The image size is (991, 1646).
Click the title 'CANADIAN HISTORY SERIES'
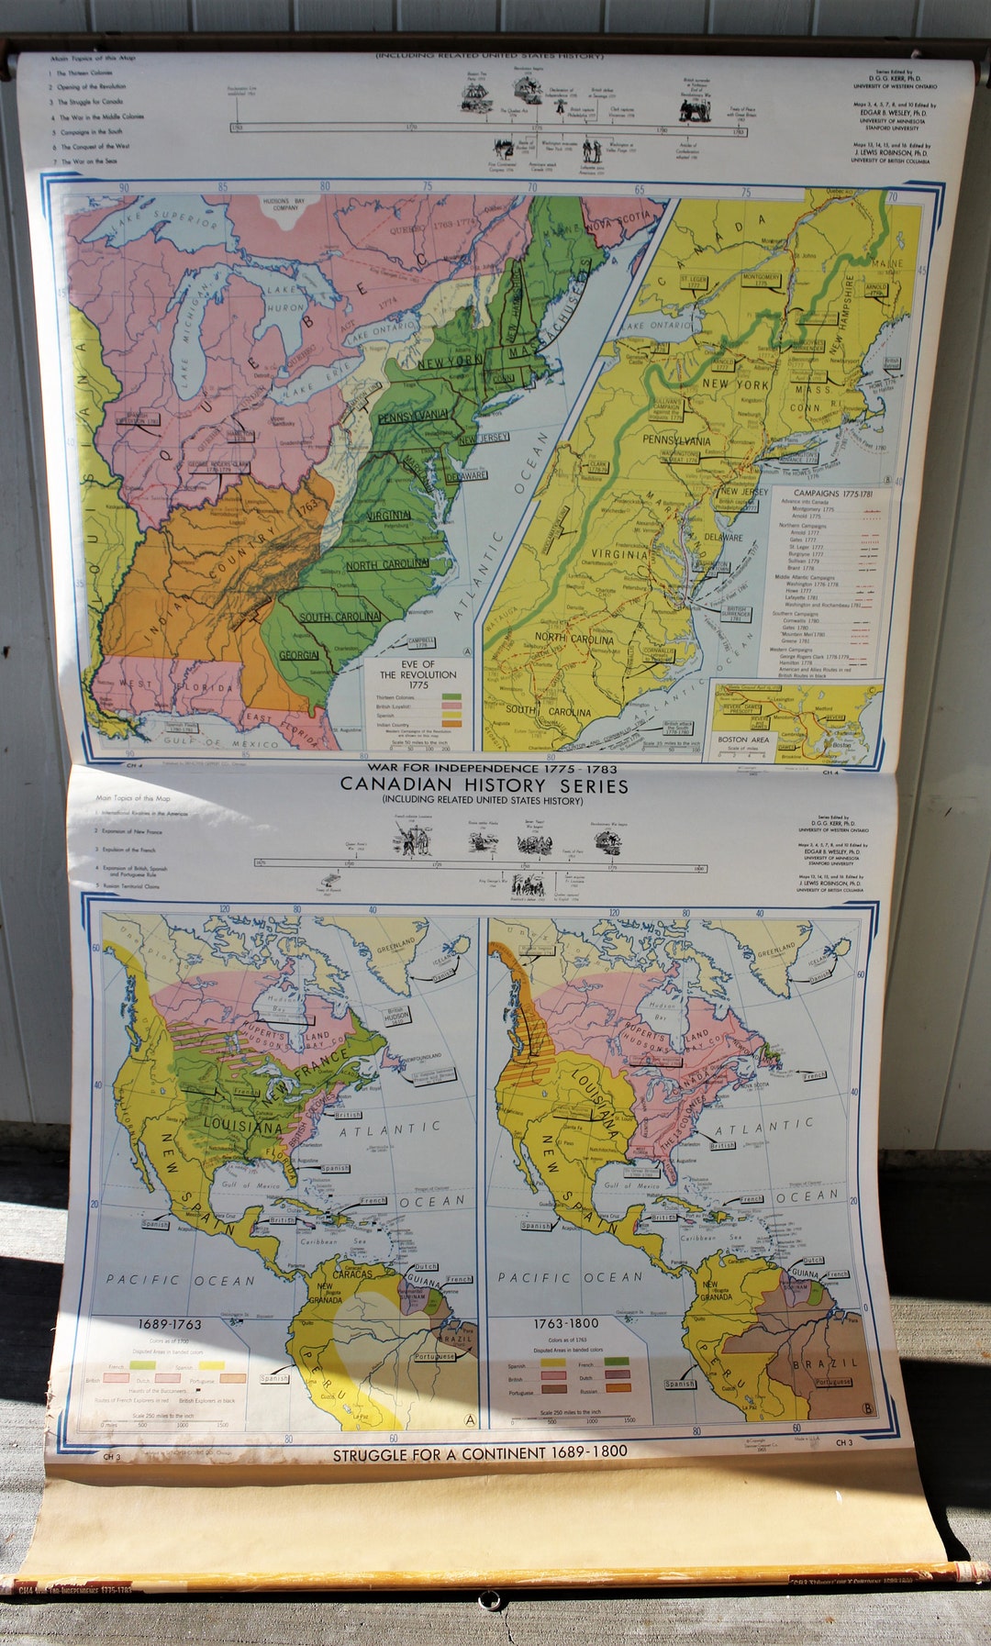click(484, 785)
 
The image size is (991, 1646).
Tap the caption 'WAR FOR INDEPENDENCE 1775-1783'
click(492, 768)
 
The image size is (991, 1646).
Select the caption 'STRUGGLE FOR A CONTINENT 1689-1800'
click(480, 1453)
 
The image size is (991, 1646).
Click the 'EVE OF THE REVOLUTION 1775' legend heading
click(418, 674)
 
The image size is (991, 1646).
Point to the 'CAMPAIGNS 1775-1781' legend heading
click(832, 494)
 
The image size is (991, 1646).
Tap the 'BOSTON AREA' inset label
click(743, 739)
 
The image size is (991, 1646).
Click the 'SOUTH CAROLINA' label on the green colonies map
click(340, 617)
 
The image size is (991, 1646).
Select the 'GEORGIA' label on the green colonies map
click(298, 655)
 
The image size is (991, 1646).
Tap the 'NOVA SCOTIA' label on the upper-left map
click(624, 221)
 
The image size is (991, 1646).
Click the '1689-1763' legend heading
click(169, 1324)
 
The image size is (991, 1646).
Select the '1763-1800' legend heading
click(565, 1323)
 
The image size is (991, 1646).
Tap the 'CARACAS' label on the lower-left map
click(352, 1273)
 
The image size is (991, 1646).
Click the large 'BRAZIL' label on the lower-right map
click(827, 1363)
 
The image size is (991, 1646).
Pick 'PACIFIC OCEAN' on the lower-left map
click(180, 1280)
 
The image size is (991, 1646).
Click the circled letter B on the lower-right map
click(867, 1409)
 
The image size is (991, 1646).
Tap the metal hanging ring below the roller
click(490, 1599)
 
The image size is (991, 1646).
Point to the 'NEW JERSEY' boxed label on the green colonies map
click(483, 439)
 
